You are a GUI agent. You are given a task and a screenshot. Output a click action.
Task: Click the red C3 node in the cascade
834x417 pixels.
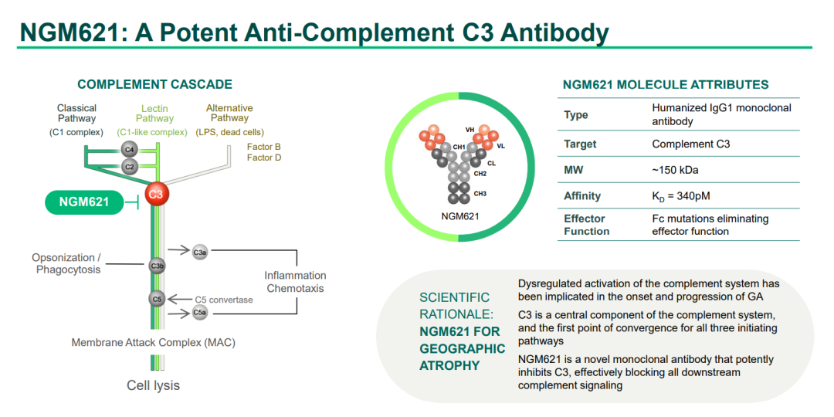155,194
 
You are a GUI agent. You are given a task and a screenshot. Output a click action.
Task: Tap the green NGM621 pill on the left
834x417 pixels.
84,202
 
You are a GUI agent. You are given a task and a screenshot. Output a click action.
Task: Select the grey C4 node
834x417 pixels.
128,149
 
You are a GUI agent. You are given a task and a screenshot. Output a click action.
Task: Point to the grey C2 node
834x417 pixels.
128,167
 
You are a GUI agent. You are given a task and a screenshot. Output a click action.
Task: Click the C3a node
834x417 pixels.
199,253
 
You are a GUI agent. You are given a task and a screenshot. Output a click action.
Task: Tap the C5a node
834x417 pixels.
199,313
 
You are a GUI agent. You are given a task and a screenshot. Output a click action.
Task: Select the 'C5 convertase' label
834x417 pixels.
223,300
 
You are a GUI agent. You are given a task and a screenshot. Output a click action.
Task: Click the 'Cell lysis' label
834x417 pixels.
153,385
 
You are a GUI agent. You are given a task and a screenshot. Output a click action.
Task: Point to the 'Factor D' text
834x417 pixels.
264,158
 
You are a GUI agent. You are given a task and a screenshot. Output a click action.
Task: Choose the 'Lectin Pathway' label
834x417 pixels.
152,114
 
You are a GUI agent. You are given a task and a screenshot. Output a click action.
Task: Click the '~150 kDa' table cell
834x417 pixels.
672,170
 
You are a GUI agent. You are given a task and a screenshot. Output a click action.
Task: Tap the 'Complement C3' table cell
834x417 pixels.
684,144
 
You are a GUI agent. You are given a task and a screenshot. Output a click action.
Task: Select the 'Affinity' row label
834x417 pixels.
582,196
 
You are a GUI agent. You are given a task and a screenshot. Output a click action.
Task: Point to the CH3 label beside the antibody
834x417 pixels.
480,194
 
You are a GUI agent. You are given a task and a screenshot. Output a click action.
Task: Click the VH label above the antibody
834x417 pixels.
470,129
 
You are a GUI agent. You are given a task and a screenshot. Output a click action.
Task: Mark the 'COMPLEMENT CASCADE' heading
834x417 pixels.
154,84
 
